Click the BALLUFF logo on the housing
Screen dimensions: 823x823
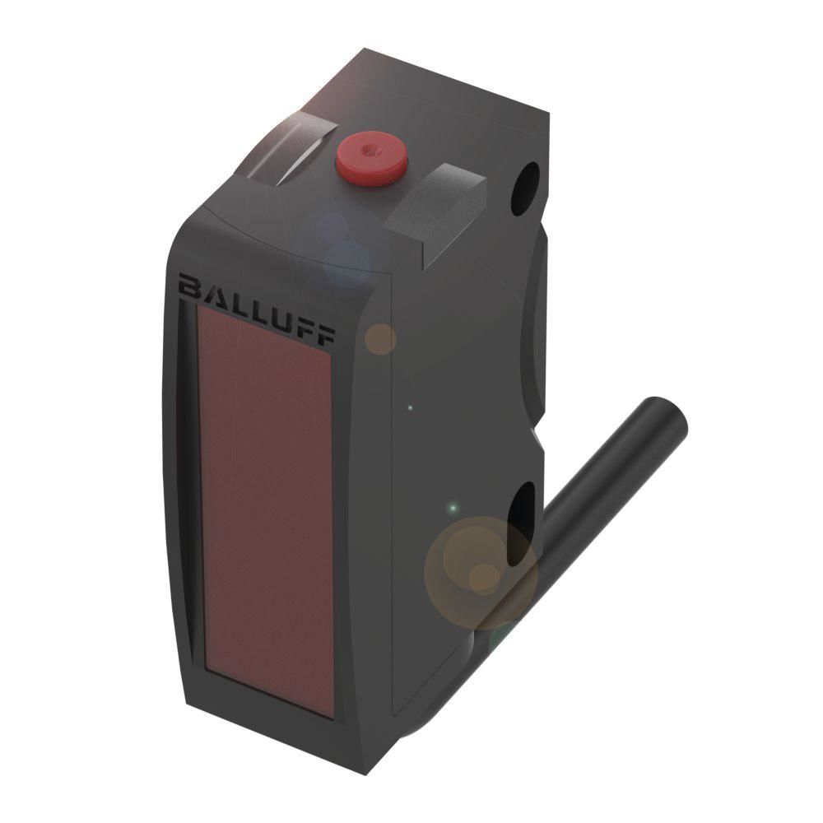point(257,309)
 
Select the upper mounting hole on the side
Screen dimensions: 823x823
point(525,188)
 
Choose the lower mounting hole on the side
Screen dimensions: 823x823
point(521,523)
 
